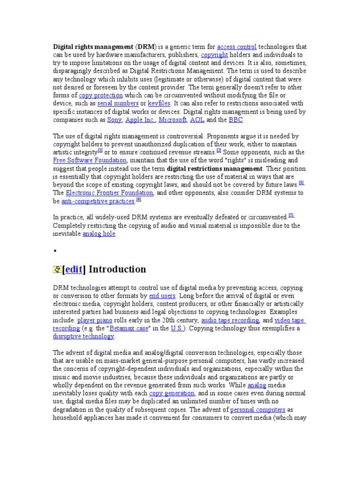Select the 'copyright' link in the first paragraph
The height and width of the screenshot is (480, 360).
coord(214,55)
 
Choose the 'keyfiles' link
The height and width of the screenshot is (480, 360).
coord(159,103)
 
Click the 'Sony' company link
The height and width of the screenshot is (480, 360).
coord(114,120)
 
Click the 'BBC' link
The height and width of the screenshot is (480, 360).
coord(236,120)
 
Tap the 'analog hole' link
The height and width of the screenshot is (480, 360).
coord(98,233)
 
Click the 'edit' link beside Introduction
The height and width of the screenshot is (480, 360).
coord(74,270)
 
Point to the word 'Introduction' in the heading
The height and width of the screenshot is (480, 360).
coord(117,270)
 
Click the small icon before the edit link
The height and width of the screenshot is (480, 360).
coord(57,270)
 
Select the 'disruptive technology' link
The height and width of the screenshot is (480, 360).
coord(83,336)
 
